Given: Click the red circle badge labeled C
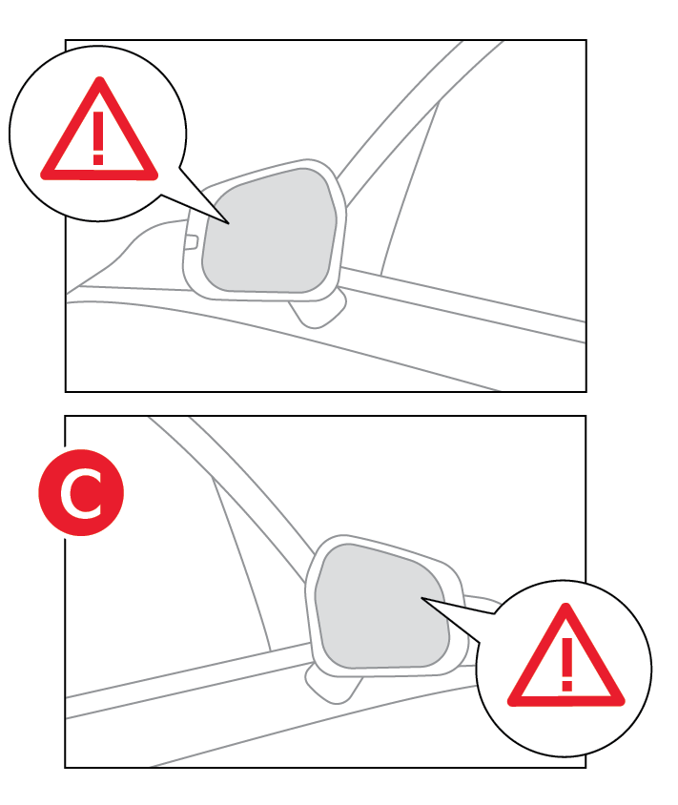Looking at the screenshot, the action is tap(81, 492).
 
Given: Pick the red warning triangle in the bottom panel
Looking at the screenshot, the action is tap(566, 662).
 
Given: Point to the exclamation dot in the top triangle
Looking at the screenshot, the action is tap(98, 159).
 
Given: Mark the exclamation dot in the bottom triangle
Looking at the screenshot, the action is tap(566, 686).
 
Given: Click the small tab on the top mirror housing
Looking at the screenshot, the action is tap(191, 242).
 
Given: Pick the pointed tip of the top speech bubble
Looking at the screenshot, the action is tap(229, 223).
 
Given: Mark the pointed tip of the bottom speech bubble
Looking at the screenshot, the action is tap(421, 598).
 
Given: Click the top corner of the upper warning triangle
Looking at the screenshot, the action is tap(100, 80).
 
